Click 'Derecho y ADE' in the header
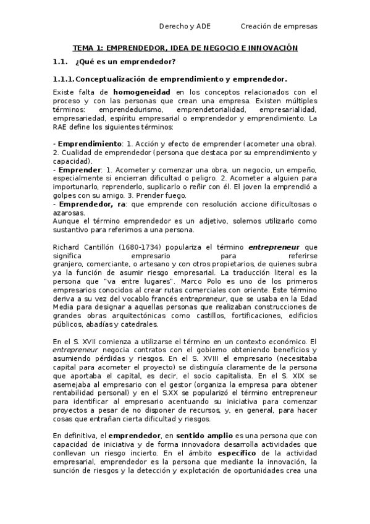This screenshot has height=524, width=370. click(x=185, y=26)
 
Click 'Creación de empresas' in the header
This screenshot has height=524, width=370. click(x=279, y=26)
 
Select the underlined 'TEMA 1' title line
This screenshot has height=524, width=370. click(x=185, y=48)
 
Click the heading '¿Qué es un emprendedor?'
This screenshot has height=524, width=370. click(x=125, y=62)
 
